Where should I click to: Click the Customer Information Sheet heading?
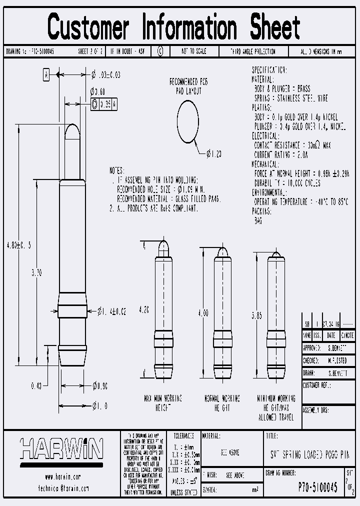click(x=174, y=27)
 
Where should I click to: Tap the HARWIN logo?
click(x=61, y=449)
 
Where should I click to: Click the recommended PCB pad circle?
click(x=187, y=119)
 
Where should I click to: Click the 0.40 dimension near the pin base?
click(x=35, y=385)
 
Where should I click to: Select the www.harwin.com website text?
click(x=62, y=477)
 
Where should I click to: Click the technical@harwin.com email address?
click(x=62, y=488)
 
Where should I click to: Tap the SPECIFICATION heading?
click(x=269, y=70)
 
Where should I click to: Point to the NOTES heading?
click(x=117, y=170)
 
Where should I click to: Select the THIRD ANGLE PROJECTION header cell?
click(x=252, y=51)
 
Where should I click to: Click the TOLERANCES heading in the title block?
click(x=181, y=436)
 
